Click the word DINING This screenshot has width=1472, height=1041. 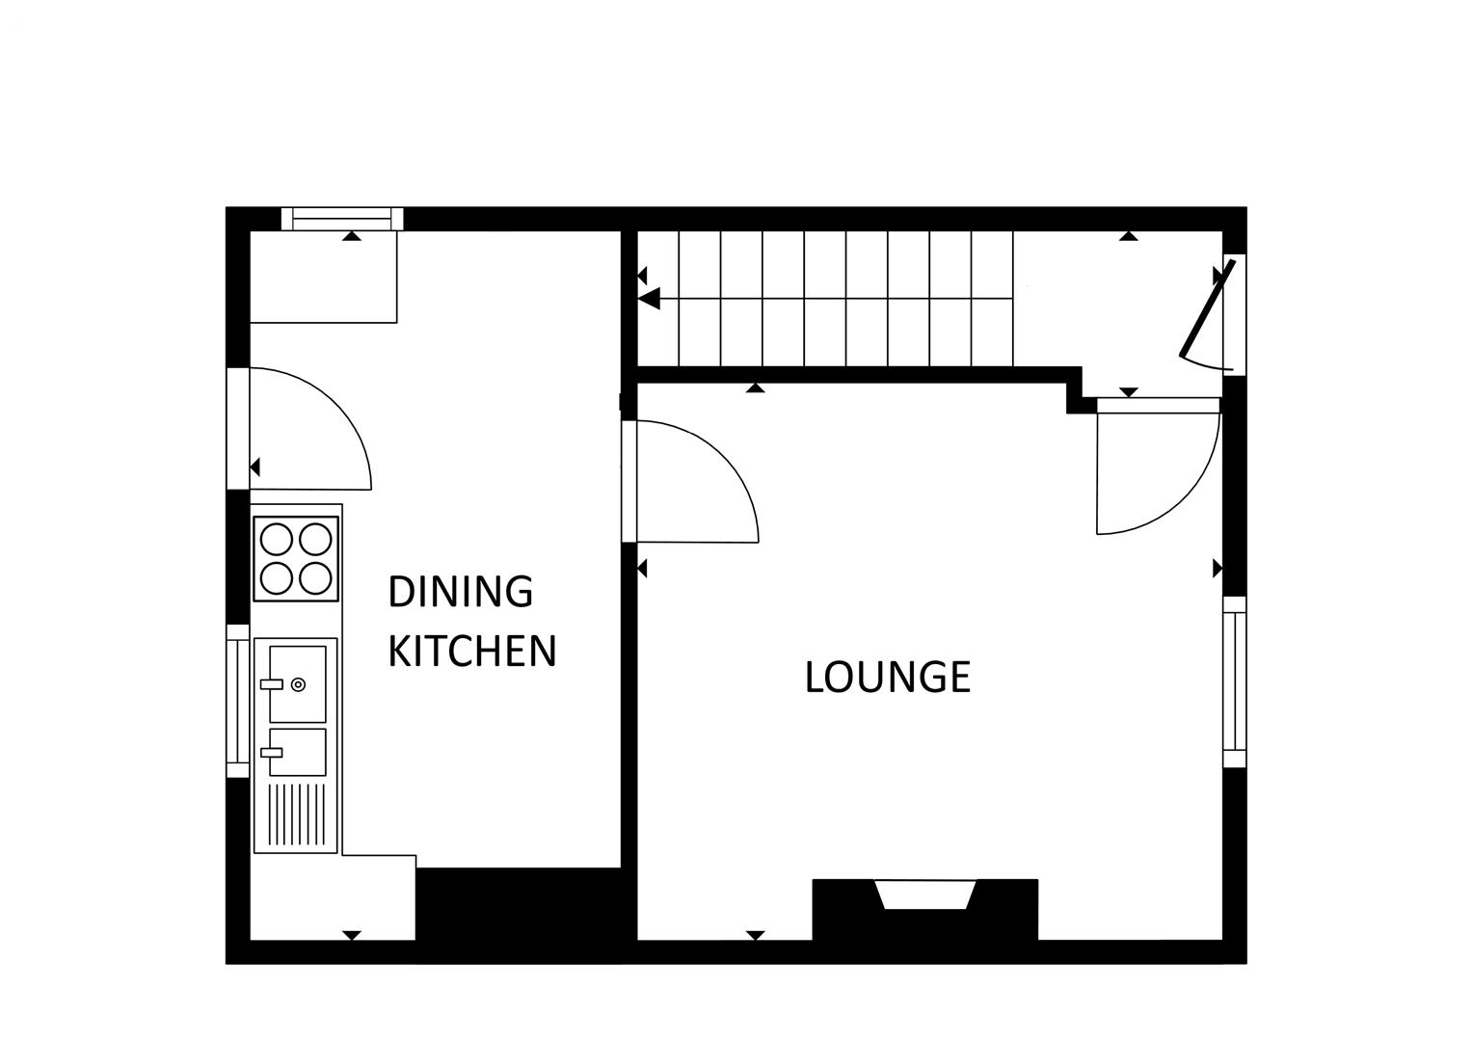coord(460,592)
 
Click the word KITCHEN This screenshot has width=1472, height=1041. coord(472,652)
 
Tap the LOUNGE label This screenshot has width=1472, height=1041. coord(887,677)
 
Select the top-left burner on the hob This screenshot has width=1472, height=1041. coord(278,538)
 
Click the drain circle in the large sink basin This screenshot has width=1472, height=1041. coord(298,684)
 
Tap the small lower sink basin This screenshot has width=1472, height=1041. coord(297,752)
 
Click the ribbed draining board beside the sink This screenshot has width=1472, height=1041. coord(297,814)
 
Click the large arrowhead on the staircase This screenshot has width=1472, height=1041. coord(649,299)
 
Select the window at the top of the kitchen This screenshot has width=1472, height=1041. coord(342,220)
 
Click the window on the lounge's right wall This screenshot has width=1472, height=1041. coord(1234,681)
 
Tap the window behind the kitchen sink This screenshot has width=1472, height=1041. coord(237,701)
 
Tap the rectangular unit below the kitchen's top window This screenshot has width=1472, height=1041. coord(324,277)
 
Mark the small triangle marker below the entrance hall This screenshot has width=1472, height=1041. coord(1129,392)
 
